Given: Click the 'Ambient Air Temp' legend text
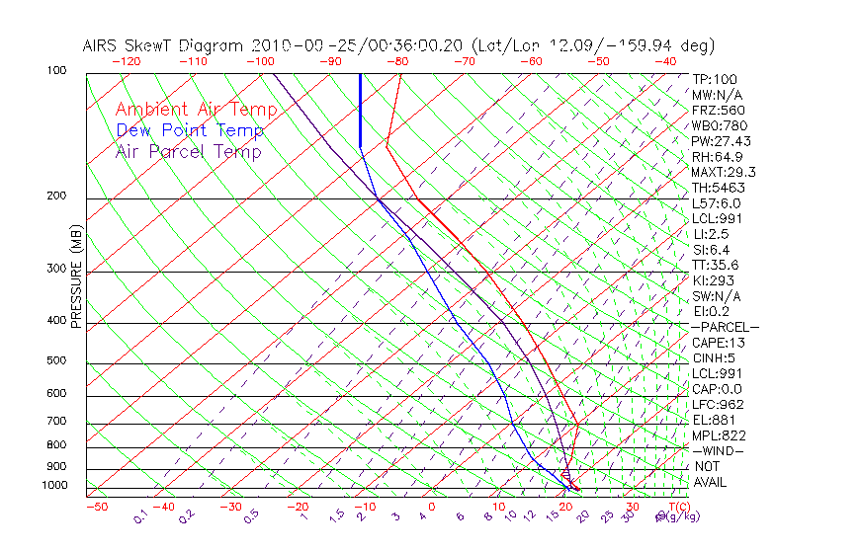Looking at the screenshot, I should [x=196, y=110].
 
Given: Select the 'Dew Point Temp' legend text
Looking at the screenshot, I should [x=190, y=130].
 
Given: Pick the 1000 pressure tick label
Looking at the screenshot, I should [x=54, y=486].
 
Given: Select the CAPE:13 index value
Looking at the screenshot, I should [x=718, y=343].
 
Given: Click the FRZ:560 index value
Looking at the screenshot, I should [x=718, y=110].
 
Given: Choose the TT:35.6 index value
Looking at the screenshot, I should [x=715, y=265].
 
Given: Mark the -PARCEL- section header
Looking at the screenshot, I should [x=725, y=327].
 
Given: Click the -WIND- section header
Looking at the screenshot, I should [x=719, y=450].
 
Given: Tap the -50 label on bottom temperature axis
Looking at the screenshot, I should [x=97, y=507].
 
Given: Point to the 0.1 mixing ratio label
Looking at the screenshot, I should [x=140, y=517].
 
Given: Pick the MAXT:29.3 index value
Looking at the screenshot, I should [x=723, y=172].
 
